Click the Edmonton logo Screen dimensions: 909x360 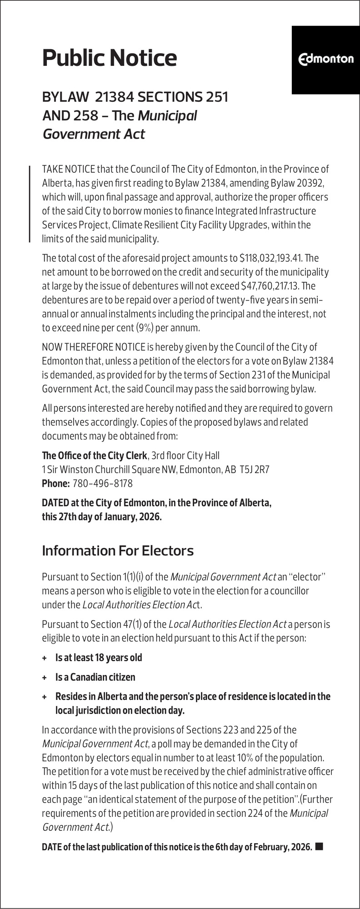[x=325, y=59]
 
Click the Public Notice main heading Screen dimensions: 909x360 [x=109, y=58]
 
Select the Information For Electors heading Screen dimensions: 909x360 [x=117, y=550]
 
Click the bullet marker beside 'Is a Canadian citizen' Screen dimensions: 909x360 [x=45, y=677]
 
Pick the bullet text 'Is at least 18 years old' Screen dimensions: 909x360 [x=99, y=658]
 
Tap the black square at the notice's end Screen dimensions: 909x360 [x=319, y=846]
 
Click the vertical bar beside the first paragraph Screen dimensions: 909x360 [x=30, y=204]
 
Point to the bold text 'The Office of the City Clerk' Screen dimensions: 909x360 [x=95, y=455]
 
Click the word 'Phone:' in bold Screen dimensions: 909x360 [x=55, y=483]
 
